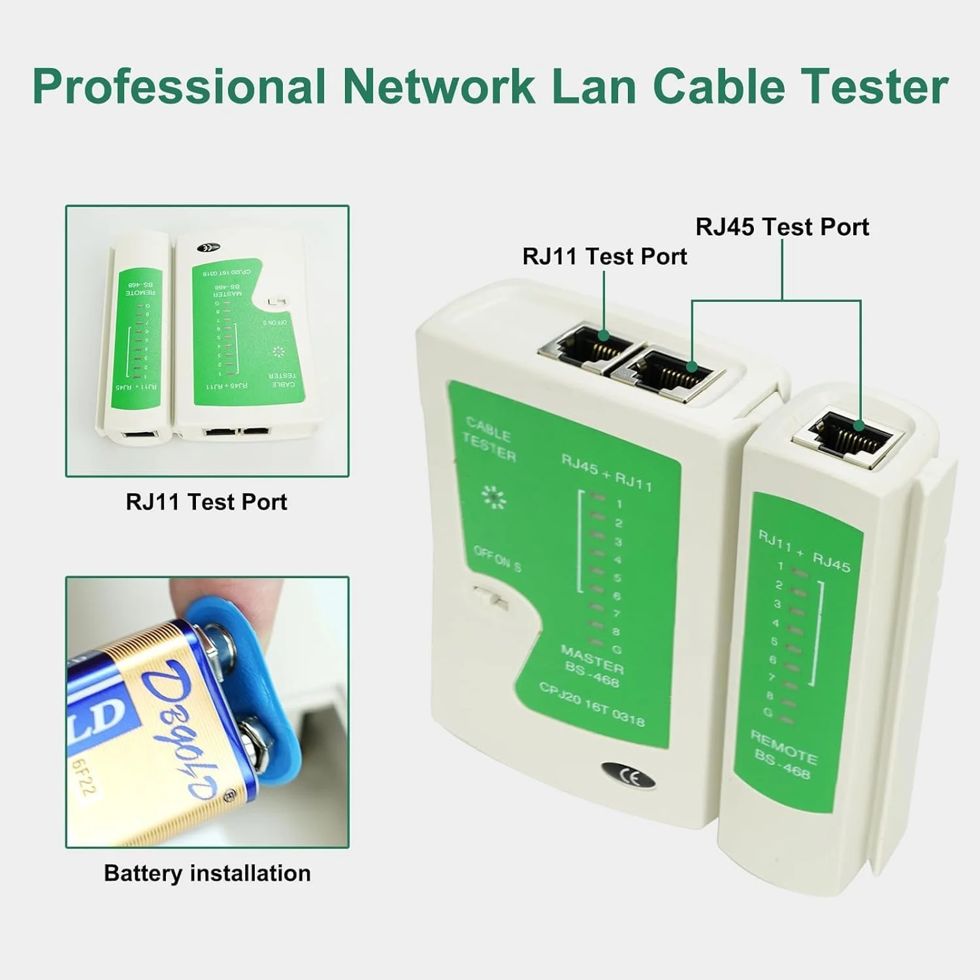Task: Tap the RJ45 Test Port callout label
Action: point(782,227)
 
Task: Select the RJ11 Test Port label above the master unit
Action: point(604,256)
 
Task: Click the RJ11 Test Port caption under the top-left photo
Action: point(206,502)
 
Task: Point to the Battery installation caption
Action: point(207,873)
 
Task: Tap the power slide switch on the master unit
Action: point(491,597)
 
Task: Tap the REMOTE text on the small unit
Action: point(783,747)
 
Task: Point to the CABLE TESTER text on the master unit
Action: point(489,440)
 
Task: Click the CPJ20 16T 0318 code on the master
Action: point(592,704)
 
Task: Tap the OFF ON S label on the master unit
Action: point(497,559)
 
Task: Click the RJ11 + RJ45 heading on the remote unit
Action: point(804,550)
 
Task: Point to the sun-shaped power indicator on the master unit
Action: point(493,497)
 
